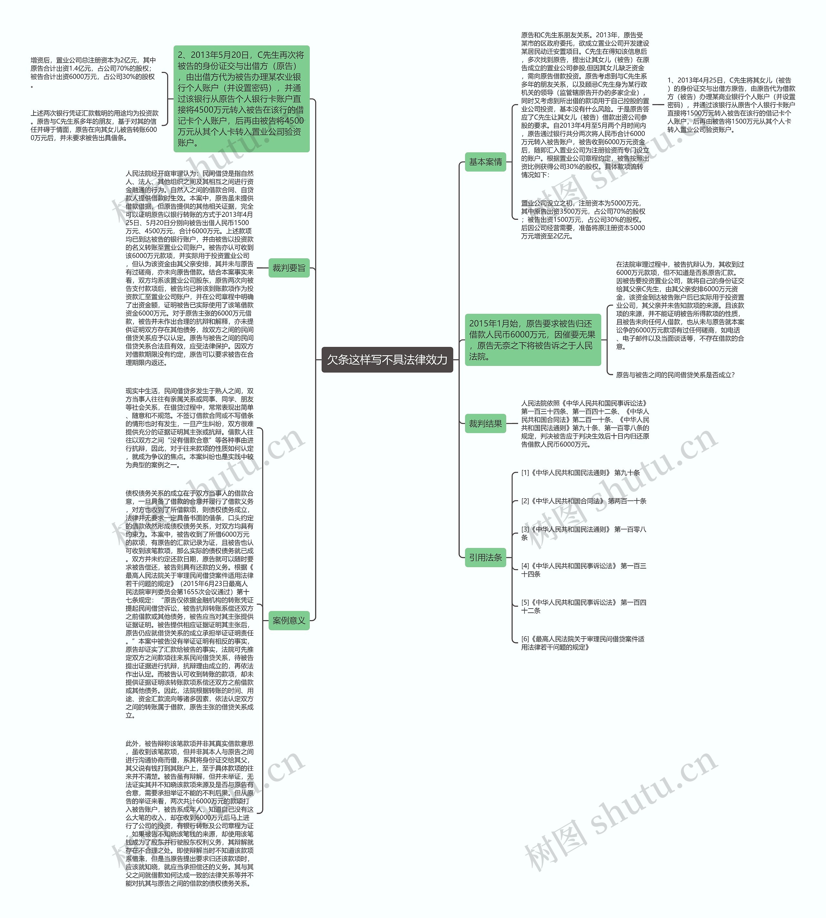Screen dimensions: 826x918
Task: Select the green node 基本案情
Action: point(485,162)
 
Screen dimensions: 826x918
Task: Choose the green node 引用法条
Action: point(485,557)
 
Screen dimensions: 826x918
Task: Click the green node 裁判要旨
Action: point(289,268)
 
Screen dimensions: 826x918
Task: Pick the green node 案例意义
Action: point(289,620)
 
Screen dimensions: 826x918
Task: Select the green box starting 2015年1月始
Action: point(532,340)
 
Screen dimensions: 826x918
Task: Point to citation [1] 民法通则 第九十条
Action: point(580,472)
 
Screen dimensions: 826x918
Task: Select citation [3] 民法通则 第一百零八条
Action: point(583,533)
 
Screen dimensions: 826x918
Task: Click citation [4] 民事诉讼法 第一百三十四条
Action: point(583,570)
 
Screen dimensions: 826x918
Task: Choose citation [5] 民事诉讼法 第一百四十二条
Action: point(583,607)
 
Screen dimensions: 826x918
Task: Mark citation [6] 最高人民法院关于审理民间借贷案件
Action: point(582,643)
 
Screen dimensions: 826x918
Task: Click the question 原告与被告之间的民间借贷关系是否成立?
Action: point(675,375)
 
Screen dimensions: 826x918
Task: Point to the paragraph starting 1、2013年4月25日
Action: point(731,105)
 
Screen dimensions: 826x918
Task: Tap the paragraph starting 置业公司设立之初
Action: point(583,220)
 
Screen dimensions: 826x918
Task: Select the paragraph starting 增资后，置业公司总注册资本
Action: point(93,73)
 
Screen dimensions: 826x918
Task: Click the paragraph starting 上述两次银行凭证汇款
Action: point(95,125)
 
